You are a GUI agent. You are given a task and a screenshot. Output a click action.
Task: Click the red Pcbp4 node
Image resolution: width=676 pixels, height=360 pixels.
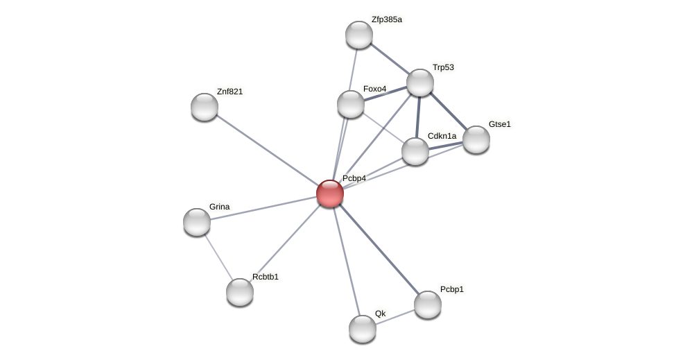(330, 194)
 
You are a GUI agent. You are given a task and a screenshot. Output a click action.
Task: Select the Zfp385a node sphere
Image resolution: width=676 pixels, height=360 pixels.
(359, 35)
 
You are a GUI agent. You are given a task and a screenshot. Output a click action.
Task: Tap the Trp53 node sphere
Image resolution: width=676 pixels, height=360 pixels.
(420, 83)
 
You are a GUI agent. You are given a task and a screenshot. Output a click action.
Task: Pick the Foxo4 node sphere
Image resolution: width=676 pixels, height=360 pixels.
(351, 104)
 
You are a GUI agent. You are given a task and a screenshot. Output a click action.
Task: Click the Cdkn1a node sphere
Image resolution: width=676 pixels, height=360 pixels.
(415, 151)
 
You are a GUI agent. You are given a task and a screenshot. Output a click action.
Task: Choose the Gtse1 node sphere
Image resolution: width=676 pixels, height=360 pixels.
(476, 139)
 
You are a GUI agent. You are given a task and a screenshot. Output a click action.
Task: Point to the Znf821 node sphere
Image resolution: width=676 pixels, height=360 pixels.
(205, 107)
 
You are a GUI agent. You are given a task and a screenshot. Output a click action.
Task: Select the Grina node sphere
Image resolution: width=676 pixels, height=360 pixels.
(197, 222)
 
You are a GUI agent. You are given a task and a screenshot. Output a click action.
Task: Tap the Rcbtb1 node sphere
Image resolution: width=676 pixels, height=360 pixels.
(240, 292)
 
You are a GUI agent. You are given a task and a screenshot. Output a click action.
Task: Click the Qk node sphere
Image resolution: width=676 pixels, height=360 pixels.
(363, 329)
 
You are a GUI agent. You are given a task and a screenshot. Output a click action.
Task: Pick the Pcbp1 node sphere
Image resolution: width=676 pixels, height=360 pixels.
(428, 305)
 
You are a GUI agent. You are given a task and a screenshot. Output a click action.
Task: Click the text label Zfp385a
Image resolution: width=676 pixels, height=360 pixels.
(386, 19)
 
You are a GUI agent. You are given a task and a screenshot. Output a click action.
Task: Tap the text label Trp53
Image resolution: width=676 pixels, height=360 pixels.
(443, 67)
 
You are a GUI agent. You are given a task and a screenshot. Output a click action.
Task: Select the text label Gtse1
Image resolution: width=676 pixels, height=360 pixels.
(499, 124)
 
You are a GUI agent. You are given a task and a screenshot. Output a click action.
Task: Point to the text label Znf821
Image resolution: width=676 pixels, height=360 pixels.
(229, 92)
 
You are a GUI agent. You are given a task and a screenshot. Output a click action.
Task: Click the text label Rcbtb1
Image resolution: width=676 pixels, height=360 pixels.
(265, 277)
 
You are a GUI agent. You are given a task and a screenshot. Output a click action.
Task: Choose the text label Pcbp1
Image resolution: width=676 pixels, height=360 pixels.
(452, 289)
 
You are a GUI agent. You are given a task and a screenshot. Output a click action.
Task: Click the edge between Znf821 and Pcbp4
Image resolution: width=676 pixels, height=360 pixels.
(267, 150)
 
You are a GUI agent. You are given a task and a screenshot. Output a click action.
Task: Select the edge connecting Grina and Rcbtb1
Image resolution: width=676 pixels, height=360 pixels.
(218, 257)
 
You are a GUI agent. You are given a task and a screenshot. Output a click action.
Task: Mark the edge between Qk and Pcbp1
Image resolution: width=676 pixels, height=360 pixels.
(397, 316)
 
